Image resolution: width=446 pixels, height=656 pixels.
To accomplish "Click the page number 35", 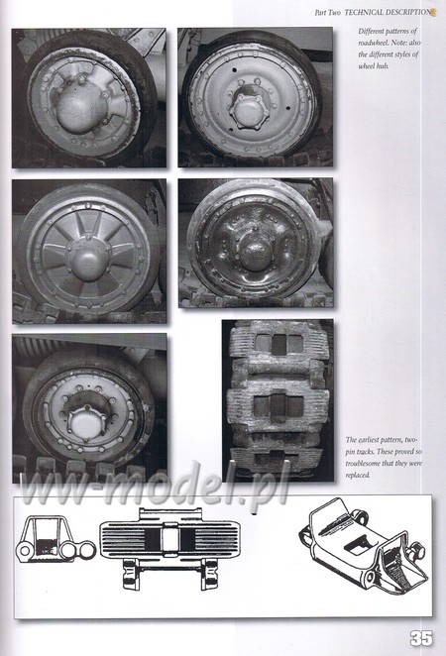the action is coord(421,639).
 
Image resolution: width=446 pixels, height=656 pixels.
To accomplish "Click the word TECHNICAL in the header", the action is coord(363,13).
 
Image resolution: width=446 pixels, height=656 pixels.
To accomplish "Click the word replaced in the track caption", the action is coord(358,476).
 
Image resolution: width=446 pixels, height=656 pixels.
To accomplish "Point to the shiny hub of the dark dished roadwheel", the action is coord(256,253).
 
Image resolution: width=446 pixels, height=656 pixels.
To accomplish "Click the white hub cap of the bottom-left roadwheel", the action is coord(88,425).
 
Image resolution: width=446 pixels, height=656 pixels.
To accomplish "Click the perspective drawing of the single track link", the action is coord(364,545).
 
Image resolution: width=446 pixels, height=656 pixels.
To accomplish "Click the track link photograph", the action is coord(278,400).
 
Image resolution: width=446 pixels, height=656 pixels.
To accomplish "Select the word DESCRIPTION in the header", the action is coord(408,13).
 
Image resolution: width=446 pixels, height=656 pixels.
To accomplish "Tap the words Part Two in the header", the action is coord(328,13).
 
